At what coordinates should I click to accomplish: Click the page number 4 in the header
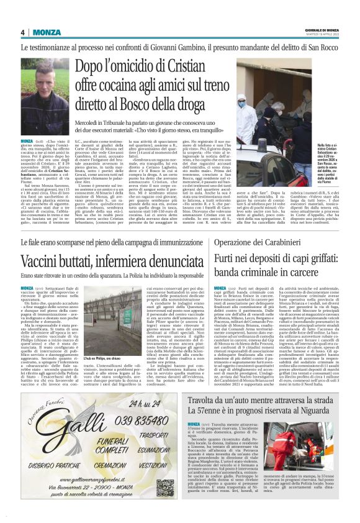(23, 32)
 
